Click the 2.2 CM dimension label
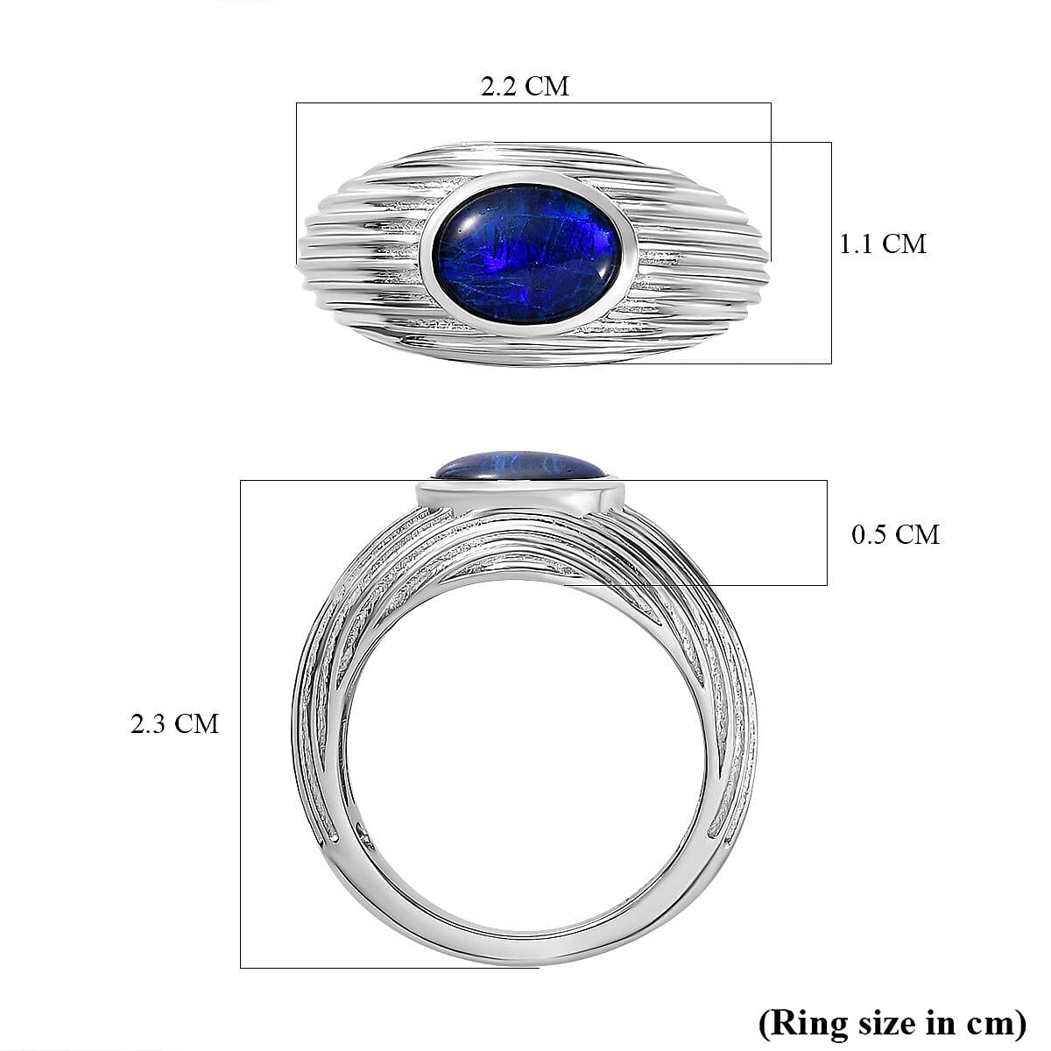coord(525,86)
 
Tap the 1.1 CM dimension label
coord(882,243)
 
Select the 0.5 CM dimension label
coord(895,534)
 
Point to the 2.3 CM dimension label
coord(174,724)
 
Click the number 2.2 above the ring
coord(499,86)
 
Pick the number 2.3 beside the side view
coord(149,724)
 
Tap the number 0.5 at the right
coord(870,534)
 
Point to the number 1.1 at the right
coord(856,243)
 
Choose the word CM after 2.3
coord(197,724)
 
